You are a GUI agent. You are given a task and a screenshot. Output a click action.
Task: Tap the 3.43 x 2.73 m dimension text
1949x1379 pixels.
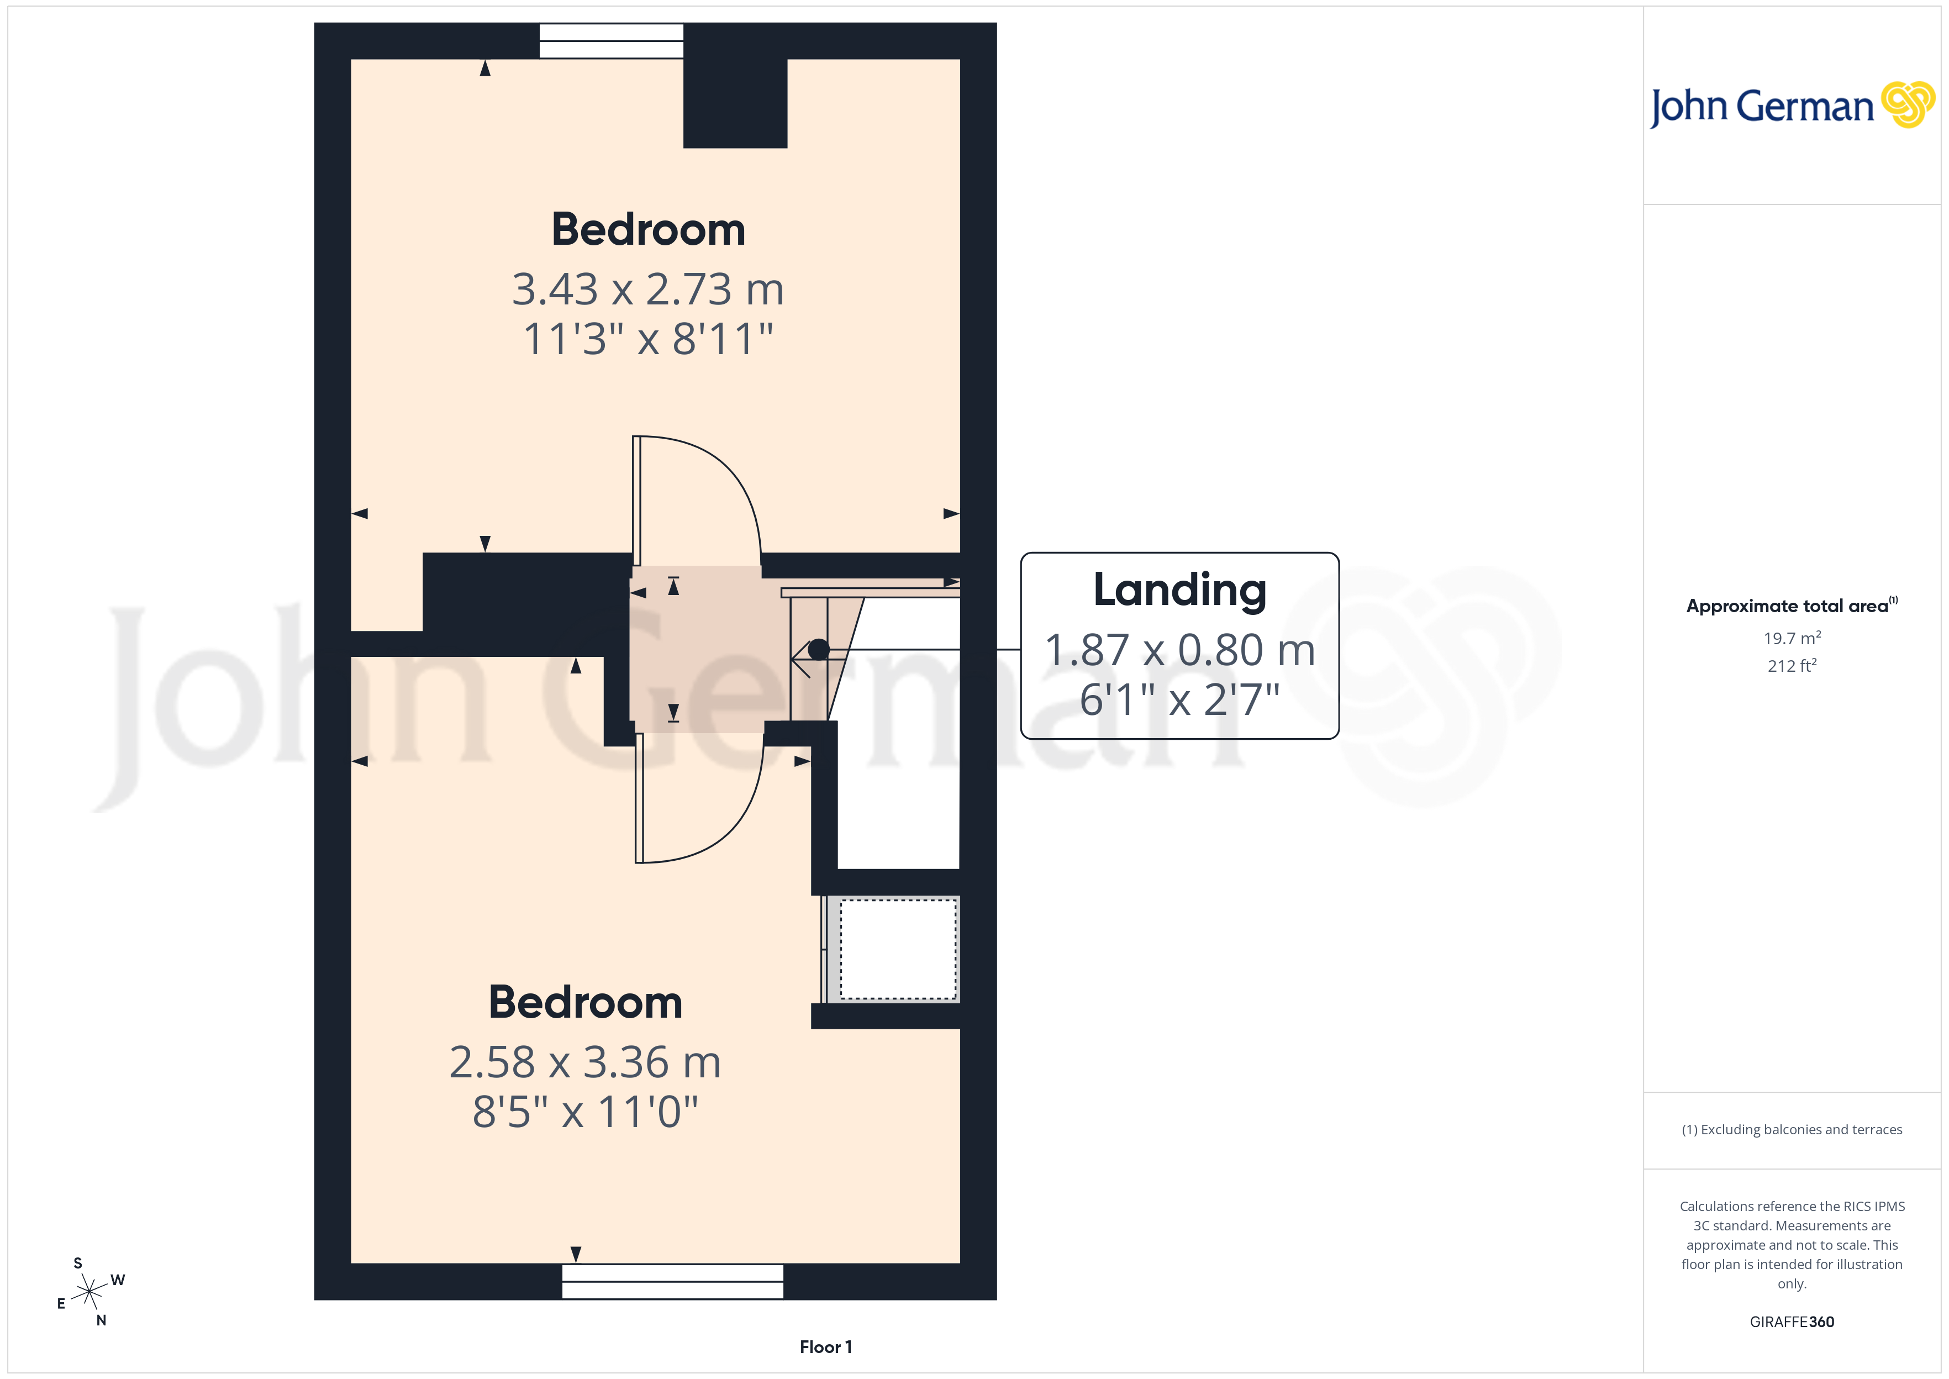pos(647,290)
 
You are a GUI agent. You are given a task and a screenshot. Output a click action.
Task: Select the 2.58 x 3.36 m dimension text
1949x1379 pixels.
pos(585,1062)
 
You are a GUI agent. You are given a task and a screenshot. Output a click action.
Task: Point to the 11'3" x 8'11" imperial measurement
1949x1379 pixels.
pos(647,339)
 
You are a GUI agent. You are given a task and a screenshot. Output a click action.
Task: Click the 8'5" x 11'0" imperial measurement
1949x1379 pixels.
pos(585,1112)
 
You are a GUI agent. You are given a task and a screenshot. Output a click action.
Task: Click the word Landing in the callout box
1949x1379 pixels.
pos(1179,590)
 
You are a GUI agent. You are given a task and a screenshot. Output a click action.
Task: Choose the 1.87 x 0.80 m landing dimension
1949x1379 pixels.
pos(1179,650)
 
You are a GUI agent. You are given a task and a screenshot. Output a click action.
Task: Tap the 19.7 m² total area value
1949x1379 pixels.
pos(1791,638)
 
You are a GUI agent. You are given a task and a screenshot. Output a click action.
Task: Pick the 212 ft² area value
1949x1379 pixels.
pos(1791,666)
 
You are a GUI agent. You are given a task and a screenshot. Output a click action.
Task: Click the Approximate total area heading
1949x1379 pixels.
pos(1791,606)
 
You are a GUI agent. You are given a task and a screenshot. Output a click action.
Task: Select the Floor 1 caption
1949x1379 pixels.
pos(825,1347)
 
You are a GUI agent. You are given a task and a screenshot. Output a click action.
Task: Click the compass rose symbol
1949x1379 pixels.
pos(89,1292)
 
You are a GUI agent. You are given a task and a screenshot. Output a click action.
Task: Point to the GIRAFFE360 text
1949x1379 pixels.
pos(1791,1321)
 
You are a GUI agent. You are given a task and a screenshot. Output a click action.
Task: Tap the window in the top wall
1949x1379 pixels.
pos(611,41)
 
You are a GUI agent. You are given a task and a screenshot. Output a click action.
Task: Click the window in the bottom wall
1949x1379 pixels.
pos(672,1281)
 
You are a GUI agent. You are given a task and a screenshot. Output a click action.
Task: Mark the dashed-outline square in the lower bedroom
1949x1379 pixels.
pos(898,949)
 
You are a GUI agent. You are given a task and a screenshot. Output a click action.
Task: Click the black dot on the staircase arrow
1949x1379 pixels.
pos(818,650)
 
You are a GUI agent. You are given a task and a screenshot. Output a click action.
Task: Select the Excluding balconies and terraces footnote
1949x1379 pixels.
pos(1791,1129)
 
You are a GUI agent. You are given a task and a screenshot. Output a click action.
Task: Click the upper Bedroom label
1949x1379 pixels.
pos(647,229)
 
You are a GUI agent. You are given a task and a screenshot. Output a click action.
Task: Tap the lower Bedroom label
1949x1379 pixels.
pos(585,1002)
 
